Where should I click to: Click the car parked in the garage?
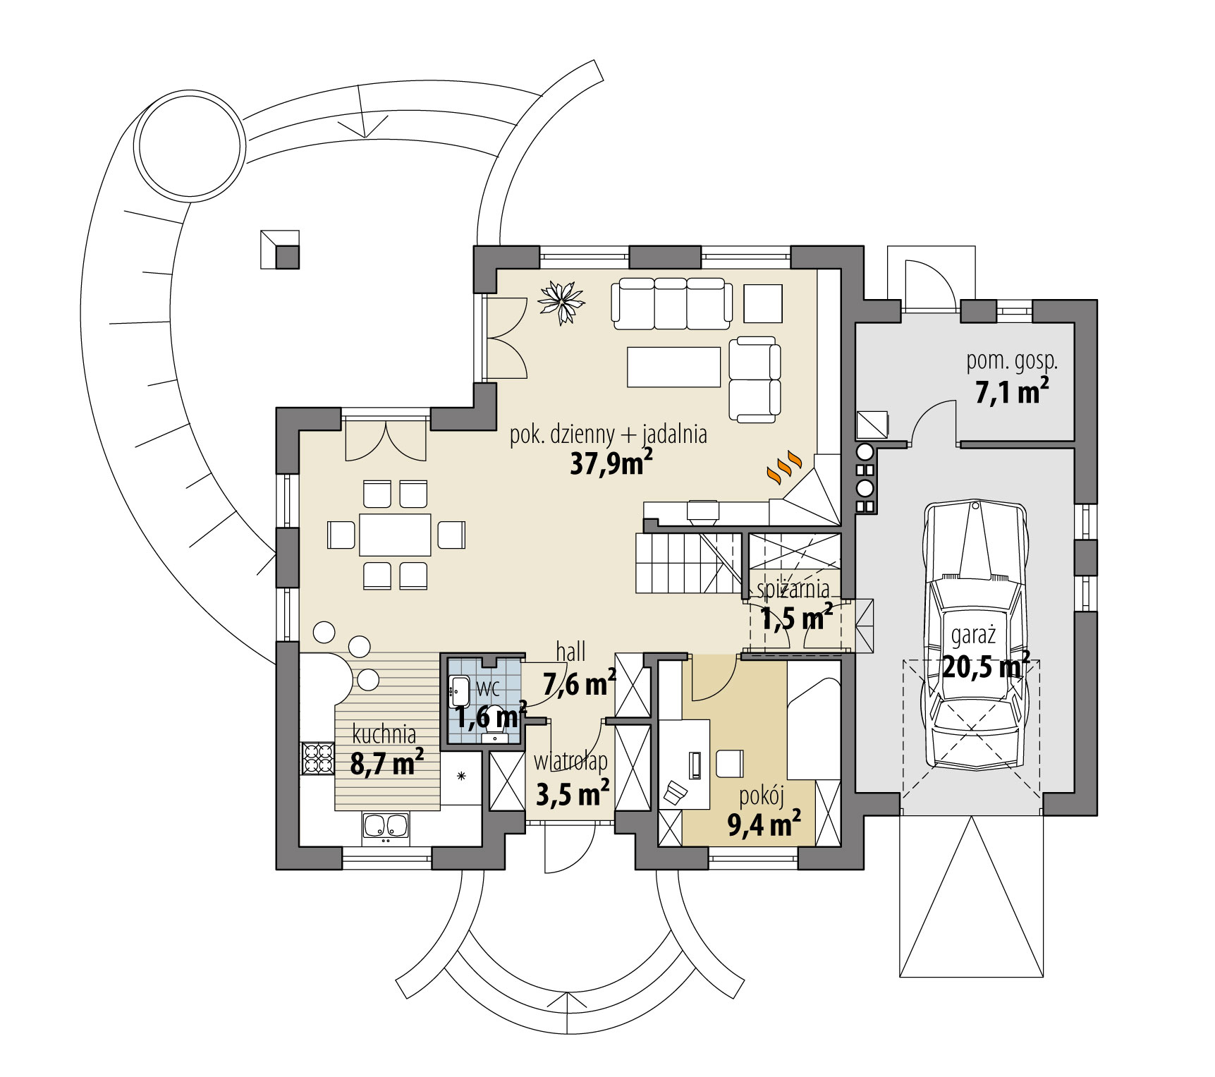pyautogui.click(x=976, y=635)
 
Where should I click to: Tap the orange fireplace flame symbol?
pyautogui.click(x=784, y=467)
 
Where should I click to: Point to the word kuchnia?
pyautogui.click(x=384, y=735)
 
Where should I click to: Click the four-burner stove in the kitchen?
pyautogui.click(x=317, y=758)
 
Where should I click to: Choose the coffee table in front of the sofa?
pyautogui.click(x=673, y=367)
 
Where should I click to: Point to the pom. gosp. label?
pyautogui.click(x=1011, y=362)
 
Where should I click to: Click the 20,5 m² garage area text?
pyautogui.click(x=986, y=665)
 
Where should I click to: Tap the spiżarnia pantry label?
pyautogui.click(x=793, y=588)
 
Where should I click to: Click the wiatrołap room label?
pyautogui.click(x=570, y=762)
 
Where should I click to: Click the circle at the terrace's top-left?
pyautogui.click(x=190, y=146)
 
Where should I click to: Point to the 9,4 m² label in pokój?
pyautogui.click(x=764, y=823)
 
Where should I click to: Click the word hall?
pyautogui.click(x=570, y=652)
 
